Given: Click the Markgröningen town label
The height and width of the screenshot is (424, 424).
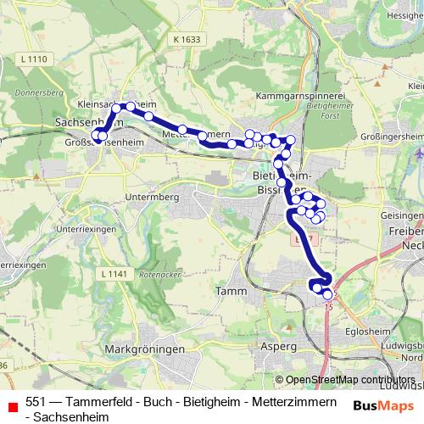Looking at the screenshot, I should (x=137, y=349).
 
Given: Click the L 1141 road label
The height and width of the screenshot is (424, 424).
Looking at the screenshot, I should (x=112, y=249).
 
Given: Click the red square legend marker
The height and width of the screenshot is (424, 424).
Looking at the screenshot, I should (x=11, y=404).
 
